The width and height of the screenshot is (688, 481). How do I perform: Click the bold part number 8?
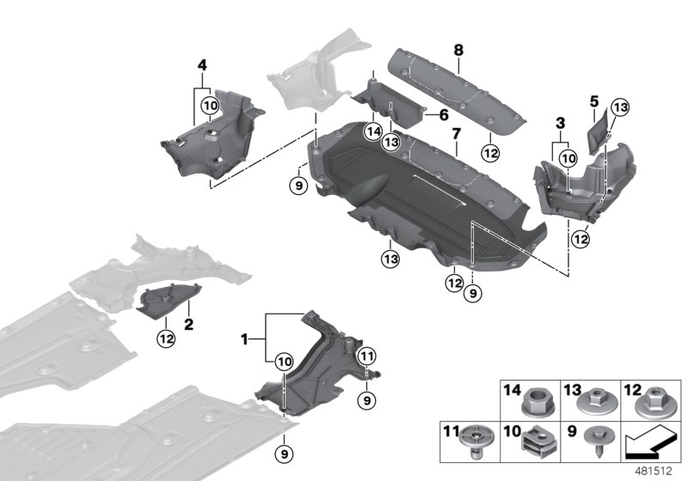pos(459,51)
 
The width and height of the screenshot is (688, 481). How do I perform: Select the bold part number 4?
pos(201,64)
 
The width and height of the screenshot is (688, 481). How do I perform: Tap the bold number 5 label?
pos(594,100)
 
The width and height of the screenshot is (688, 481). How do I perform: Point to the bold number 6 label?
pos(444,114)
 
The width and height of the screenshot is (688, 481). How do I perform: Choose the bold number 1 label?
pos(246,340)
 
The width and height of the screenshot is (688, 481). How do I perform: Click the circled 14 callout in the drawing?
pos(372,131)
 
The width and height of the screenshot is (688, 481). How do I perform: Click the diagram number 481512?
pos(657,470)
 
